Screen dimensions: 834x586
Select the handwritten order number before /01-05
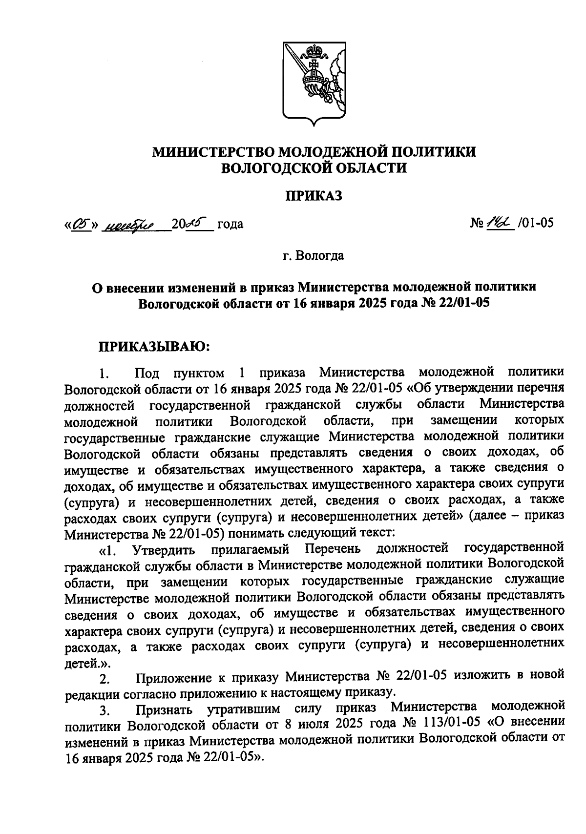click(x=499, y=223)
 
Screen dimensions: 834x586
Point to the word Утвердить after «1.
click(x=164, y=550)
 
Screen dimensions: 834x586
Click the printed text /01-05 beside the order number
click(x=535, y=224)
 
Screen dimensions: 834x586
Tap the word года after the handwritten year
click(x=230, y=225)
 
